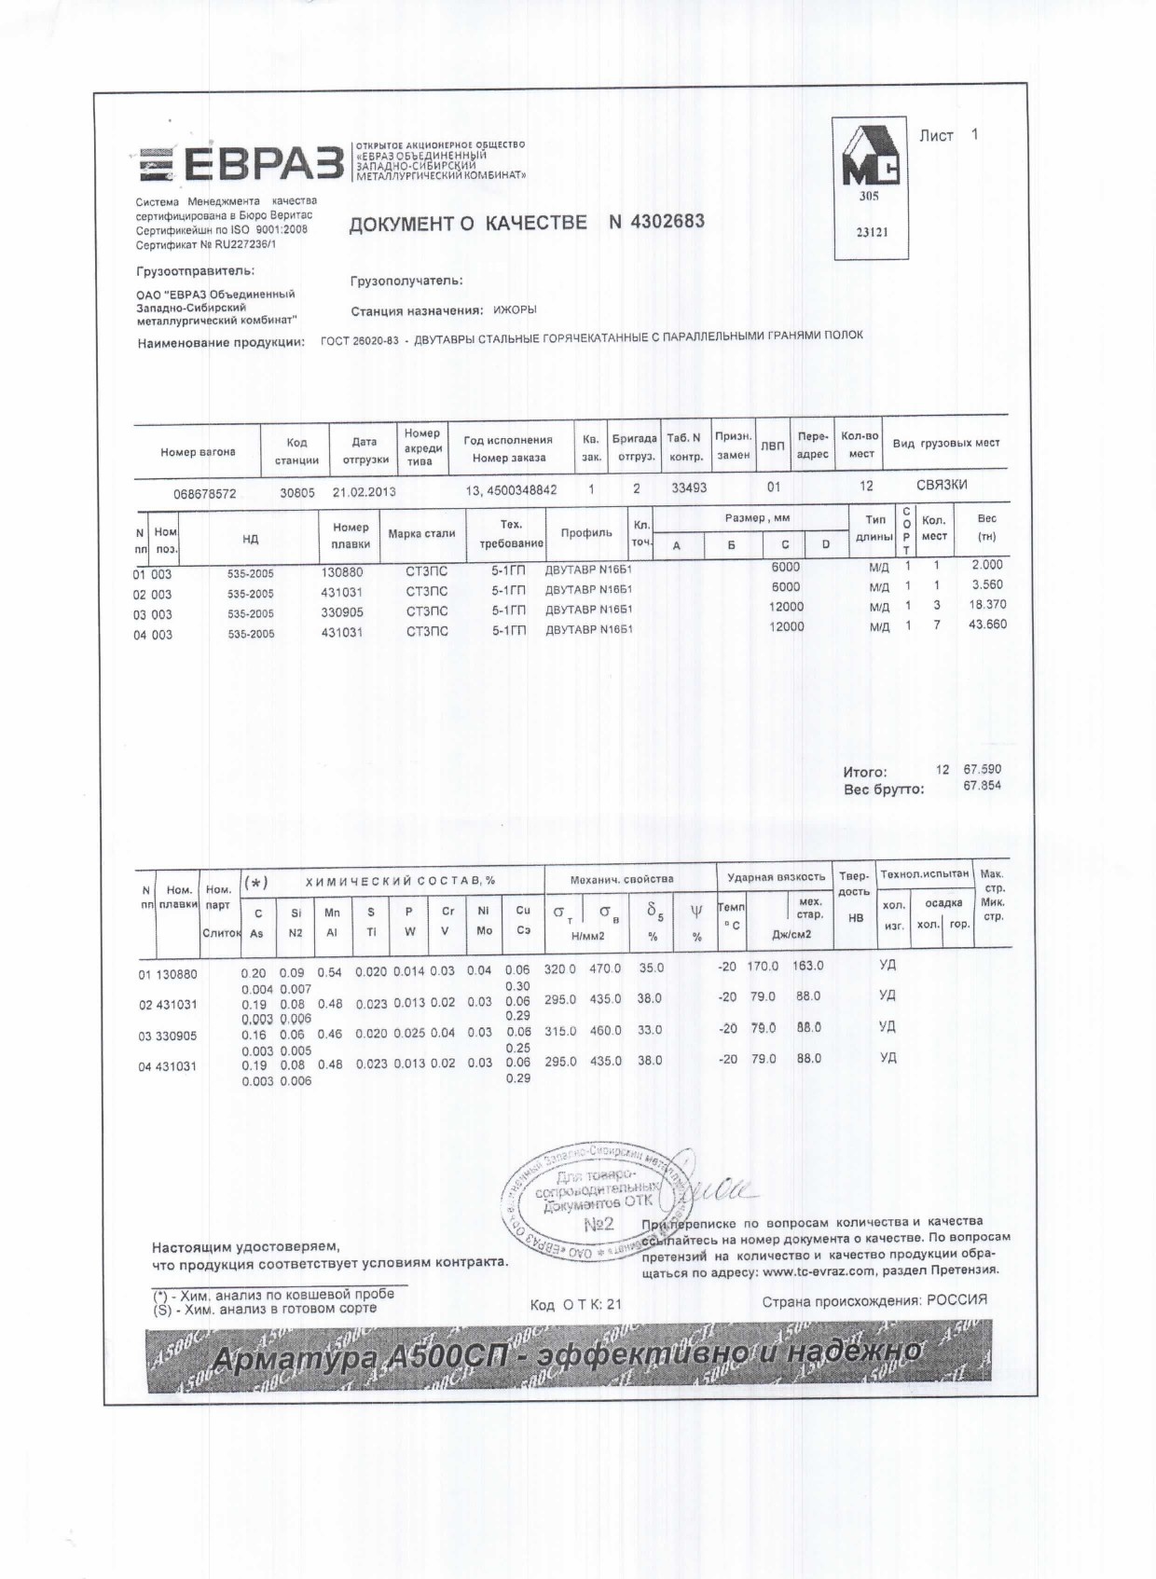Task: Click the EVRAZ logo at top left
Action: [241, 164]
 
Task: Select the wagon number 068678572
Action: [205, 493]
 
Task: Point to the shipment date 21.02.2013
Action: [364, 492]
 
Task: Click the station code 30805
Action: [297, 492]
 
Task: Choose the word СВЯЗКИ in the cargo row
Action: [942, 485]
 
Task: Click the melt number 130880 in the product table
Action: [341, 571]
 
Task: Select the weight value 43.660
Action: [987, 625]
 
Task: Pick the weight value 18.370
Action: [987, 604]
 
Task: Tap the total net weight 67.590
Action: [982, 769]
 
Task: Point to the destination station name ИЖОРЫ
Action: [515, 309]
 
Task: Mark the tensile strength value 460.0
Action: [605, 1030]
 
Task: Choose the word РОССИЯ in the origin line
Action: [956, 1300]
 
